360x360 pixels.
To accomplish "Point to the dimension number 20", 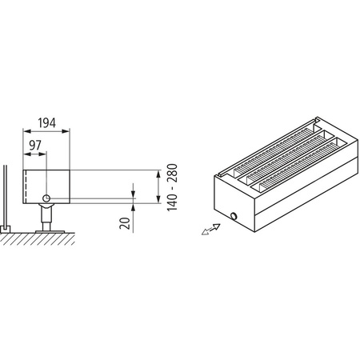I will point(124,222).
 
